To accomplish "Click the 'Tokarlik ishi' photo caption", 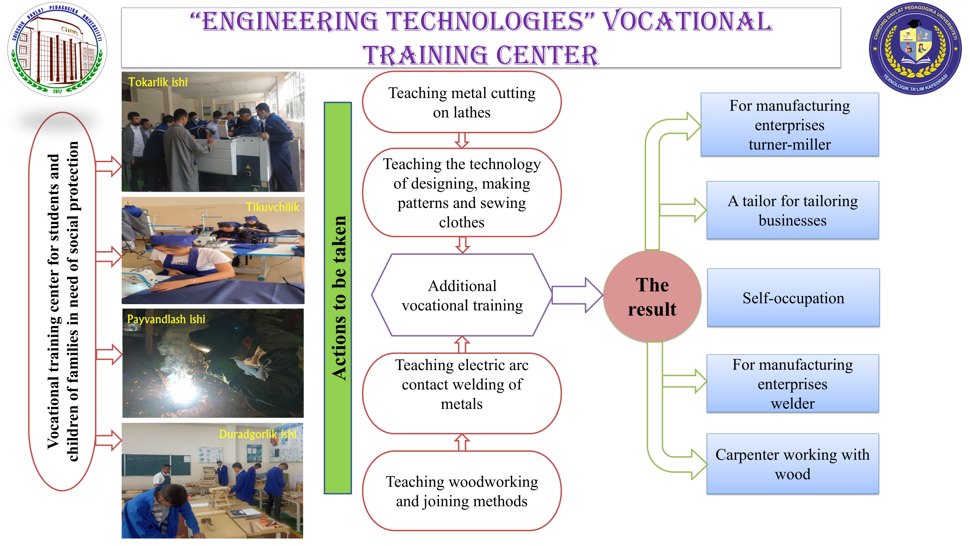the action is [x=158, y=82].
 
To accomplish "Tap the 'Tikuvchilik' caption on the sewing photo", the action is [x=273, y=207].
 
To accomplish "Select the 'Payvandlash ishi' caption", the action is [x=166, y=320].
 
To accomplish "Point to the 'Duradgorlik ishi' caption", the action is [x=258, y=434].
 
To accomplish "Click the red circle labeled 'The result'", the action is [x=652, y=296].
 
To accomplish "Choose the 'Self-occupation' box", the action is [x=793, y=298].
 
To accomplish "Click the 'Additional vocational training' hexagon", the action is [x=462, y=295].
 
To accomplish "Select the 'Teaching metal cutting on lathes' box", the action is [x=462, y=102].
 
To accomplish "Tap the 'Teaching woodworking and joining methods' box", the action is [x=462, y=491].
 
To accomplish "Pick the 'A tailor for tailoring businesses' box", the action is [x=793, y=210].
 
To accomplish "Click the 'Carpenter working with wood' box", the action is [x=793, y=464].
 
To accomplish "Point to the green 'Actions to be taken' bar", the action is [x=338, y=298].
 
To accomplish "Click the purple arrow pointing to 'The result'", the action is [x=577, y=295].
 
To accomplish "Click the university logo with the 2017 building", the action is [x=57, y=49].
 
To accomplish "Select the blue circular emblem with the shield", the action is [x=915, y=49].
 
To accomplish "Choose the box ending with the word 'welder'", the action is [x=793, y=384].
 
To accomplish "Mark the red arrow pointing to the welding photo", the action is [x=109, y=355].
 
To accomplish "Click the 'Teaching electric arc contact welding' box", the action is [x=462, y=394].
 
